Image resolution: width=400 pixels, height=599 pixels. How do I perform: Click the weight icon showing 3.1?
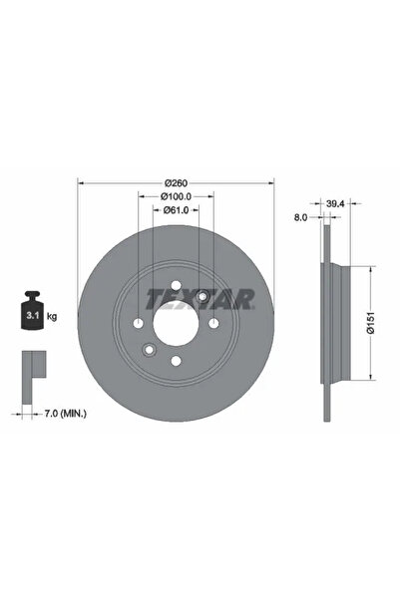[x=32, y=315]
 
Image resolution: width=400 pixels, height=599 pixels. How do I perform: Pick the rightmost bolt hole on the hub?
[x=212, y=322]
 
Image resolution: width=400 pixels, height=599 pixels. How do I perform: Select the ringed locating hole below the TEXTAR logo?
[x=200, y=296]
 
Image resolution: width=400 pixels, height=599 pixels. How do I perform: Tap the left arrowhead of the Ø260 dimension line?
[x=81, y=182]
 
